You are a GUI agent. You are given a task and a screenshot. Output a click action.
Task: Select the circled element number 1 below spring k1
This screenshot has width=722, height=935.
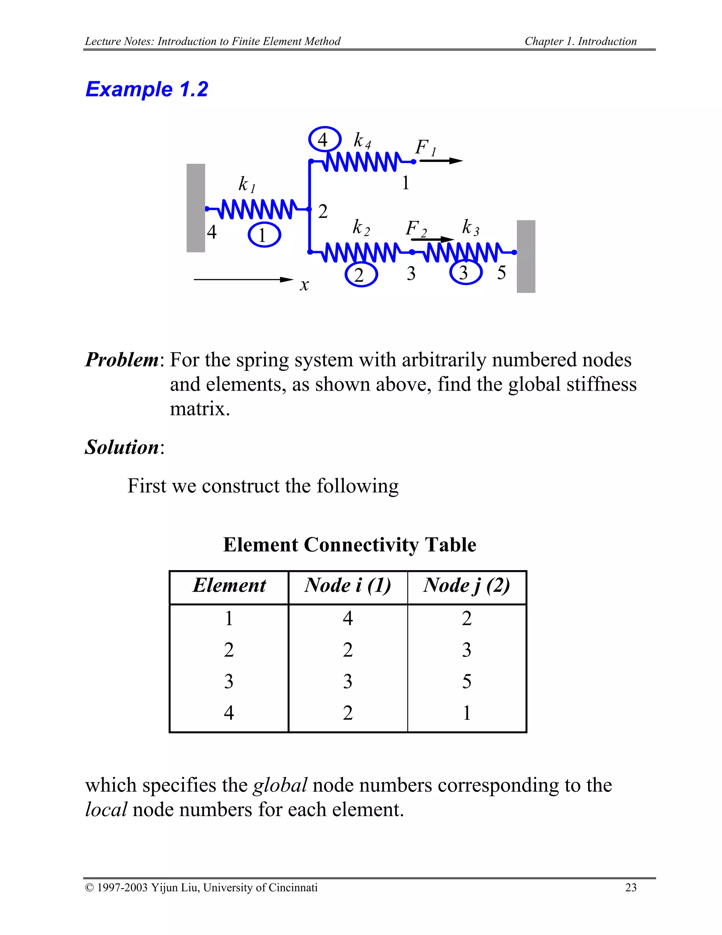(x=264, y=235)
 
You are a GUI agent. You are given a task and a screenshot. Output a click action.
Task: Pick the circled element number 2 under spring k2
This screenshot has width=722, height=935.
(x=361, y=275)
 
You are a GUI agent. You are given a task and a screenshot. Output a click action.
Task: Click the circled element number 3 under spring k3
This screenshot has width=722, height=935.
(x=465, y=272)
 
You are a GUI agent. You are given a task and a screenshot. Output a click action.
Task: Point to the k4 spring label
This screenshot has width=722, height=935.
(x=362, y=140)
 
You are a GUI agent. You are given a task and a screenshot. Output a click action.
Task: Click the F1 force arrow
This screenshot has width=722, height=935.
(x=441, y=161)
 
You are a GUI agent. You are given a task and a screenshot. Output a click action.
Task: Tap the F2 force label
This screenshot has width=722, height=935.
(x=416, y=229)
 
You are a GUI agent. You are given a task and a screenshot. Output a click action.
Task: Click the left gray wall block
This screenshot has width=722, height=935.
(x=195, y=208)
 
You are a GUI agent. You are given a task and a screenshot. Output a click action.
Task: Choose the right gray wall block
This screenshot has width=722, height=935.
(x=526, y=257)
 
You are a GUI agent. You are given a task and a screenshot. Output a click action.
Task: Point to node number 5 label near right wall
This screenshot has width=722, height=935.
(x=501, y=273)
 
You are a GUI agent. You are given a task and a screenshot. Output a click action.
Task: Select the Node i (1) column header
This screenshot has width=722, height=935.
(x=347, y=586)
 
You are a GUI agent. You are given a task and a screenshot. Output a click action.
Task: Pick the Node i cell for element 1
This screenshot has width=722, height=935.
(x=347, y=618)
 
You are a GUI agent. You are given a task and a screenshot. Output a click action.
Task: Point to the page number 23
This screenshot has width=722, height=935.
(x=630, y=887)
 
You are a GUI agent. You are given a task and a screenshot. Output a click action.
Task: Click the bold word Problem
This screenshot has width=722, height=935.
(x=122, y=360)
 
